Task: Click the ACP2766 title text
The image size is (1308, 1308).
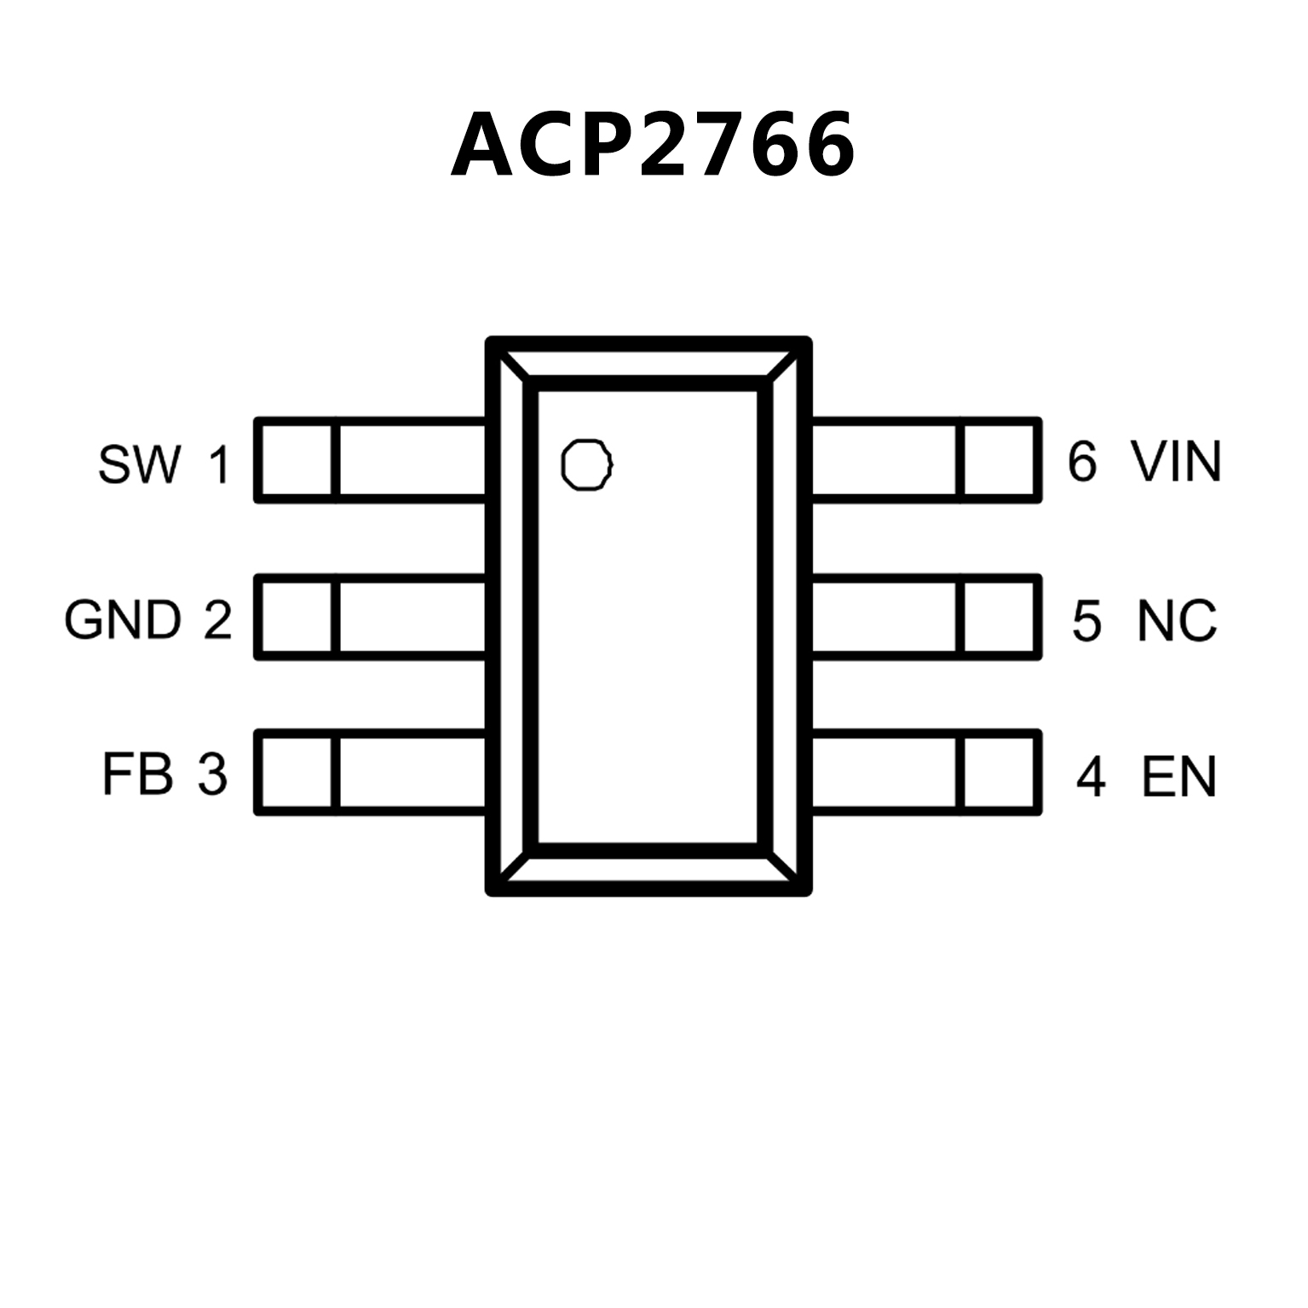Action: [x=653, y=145]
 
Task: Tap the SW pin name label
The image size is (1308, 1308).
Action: [x=140, y=464]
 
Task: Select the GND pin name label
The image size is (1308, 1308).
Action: [x=123, y=619]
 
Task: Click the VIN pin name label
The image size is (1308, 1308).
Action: [x=1176, y=462]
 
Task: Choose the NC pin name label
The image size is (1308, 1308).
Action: [x=1176, y=620]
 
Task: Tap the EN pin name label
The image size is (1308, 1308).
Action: [x=1178, y=776]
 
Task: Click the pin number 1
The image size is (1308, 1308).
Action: [x=219, y=465]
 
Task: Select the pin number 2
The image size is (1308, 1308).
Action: [x=217, y=619]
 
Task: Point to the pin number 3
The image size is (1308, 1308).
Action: [x=213, y=775]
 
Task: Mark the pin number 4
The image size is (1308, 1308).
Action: [x=1091, y=776]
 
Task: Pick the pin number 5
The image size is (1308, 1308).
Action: [x=1086, y=620]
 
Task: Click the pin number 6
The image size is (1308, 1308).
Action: [x=1082, y=462]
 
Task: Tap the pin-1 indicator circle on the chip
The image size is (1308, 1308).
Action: [x=586, y=465]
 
